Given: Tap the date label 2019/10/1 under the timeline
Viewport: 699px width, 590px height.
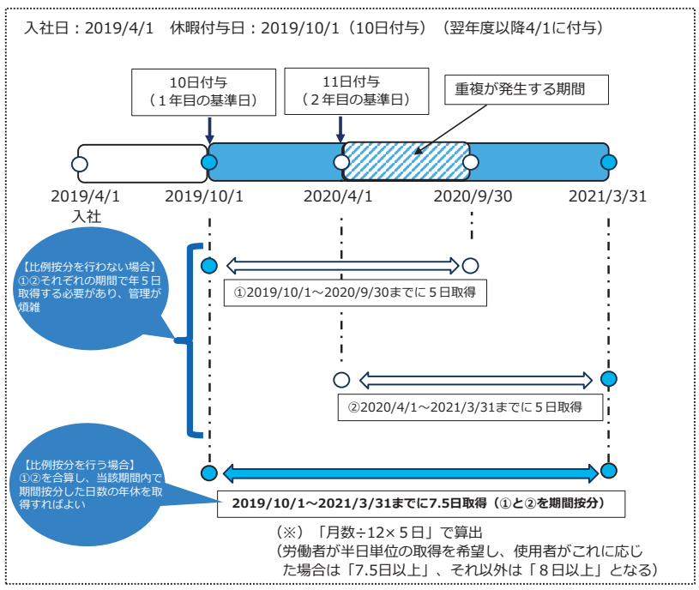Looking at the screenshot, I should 205,196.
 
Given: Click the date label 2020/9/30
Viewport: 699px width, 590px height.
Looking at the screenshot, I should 473,196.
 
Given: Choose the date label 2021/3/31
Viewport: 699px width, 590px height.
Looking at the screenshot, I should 608,196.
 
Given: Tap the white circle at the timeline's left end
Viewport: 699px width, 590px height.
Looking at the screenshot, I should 80,163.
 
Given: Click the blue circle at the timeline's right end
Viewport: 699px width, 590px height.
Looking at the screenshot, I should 609,162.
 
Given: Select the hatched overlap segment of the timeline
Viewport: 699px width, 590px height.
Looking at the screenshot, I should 406,161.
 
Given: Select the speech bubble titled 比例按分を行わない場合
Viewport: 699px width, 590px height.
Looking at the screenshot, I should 90,283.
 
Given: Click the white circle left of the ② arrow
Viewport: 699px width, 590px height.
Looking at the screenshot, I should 341,378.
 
